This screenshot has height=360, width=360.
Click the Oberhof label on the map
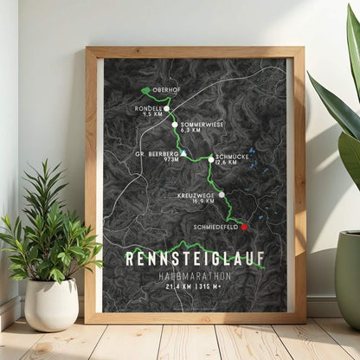(x=165, y=90)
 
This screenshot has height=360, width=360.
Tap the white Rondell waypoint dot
(x=167, y=109)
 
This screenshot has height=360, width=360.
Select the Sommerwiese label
(x=202, y=125)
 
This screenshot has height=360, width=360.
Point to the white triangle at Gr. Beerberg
(x=183, y=153)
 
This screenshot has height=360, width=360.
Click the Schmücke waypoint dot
(x=210, y=159)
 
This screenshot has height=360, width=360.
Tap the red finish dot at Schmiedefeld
(x=243, y=227)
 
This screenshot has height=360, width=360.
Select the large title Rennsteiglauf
(x=195, y=257)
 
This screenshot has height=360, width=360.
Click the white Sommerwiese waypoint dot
(x=175, y=125)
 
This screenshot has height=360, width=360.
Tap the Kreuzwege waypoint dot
(x=222, y=195)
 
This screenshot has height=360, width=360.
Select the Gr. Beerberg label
(x=157, y=153)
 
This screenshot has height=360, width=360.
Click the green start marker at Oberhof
(x=145, y=90)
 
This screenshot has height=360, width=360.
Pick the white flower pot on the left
(x=51, y=303)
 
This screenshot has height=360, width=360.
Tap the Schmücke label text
(x=232, y=155)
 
